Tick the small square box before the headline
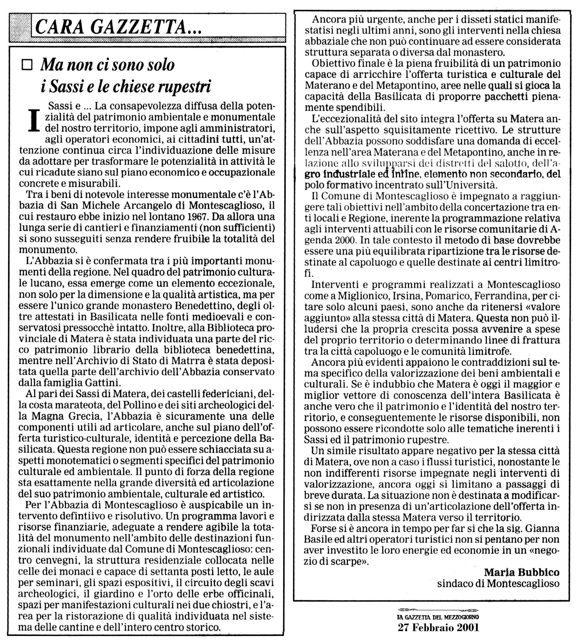28,66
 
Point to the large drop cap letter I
34,121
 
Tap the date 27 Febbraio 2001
438,627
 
